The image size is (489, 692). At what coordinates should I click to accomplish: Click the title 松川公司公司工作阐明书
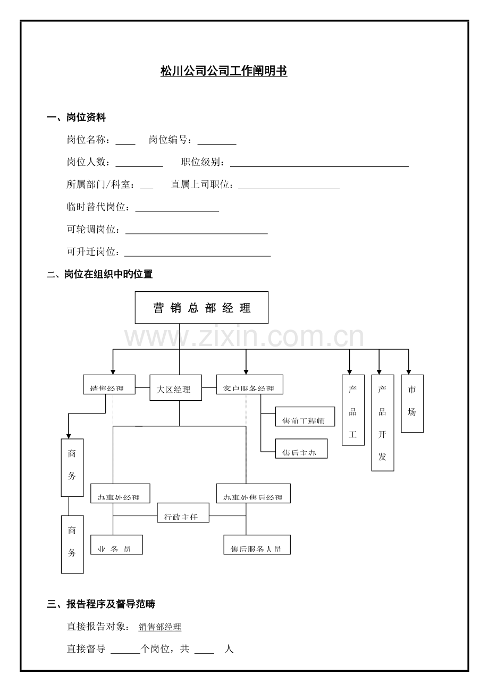[x=224, y=71]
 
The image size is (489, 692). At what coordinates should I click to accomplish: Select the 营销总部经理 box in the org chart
[x=201, y=308]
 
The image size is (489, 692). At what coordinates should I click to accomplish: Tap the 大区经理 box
[x=175, y=388]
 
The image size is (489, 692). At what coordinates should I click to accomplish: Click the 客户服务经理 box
[x=249, y=385]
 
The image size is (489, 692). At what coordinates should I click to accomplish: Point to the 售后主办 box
[x=301, y=449]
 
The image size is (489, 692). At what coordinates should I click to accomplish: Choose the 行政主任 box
[x=183, y=513]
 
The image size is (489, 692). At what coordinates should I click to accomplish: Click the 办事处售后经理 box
[x=253, y=494]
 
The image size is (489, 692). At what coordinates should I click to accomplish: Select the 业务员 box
[x=116, y=545]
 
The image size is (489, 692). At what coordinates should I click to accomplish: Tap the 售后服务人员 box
[x=257, y=545]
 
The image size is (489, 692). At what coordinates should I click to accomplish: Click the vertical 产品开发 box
[x=383, y=423]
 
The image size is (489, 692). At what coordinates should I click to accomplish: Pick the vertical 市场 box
[x=412, y=404]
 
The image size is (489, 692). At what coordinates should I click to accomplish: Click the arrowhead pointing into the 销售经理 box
[x=113, y=371]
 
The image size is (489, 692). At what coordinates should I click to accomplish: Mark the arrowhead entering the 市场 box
[x=409, y=371]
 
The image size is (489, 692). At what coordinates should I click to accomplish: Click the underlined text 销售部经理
[x=160, y=627]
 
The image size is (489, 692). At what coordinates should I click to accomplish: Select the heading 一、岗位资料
[x=77, y=118]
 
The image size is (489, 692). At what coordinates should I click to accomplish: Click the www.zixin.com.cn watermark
[x=244, y=337]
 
